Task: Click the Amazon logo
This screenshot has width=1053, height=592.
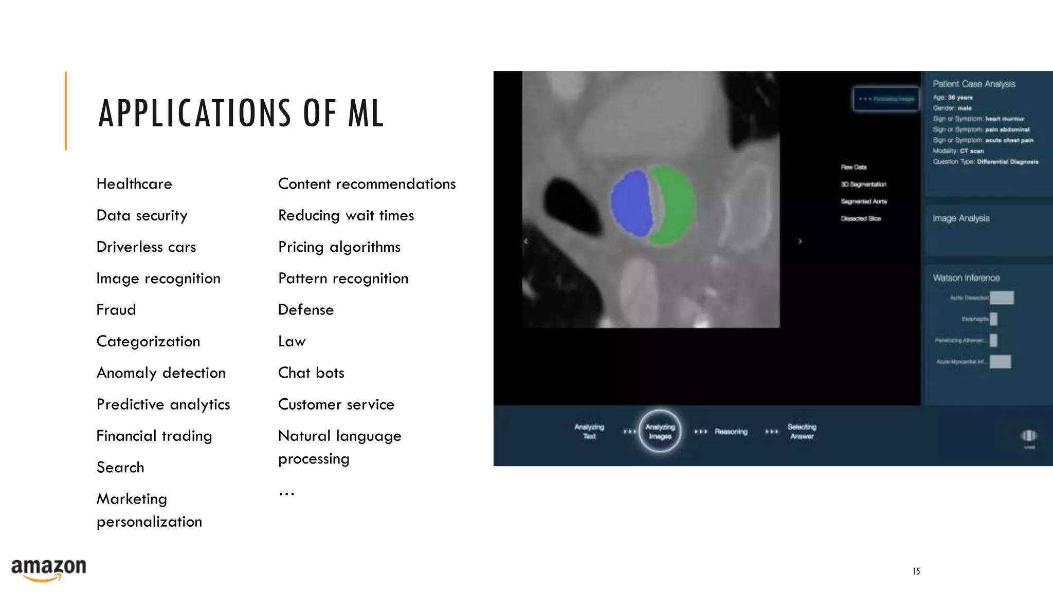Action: click(48, 569)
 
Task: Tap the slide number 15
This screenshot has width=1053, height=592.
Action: click(916, 571)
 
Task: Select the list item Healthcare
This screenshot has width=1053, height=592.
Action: click(134, 184)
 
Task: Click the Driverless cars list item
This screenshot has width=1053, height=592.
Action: click(146, 247)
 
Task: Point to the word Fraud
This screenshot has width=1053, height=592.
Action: click(116, 310)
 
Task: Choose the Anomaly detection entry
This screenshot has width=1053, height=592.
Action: click(161, 373)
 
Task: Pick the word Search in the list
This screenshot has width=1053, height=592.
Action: click(120, 468)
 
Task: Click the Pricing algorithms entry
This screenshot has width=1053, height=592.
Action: click(339, 247)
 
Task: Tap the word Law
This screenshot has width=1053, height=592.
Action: click(292, 342)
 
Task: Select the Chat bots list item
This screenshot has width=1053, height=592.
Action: click(311, 373)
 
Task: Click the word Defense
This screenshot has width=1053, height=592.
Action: click(306, 310)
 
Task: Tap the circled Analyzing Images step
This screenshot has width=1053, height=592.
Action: click(660, 432)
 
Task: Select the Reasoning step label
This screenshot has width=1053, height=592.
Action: click(731, 432)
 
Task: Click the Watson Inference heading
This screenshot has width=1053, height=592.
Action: click(966, 278)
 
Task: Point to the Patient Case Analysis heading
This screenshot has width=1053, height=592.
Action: click(974, 84)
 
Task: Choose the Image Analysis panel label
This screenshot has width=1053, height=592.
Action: click(961, 218)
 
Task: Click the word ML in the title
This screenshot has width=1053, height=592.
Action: click(366, 114)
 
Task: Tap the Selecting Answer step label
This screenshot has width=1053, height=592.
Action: click(802, 432)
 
